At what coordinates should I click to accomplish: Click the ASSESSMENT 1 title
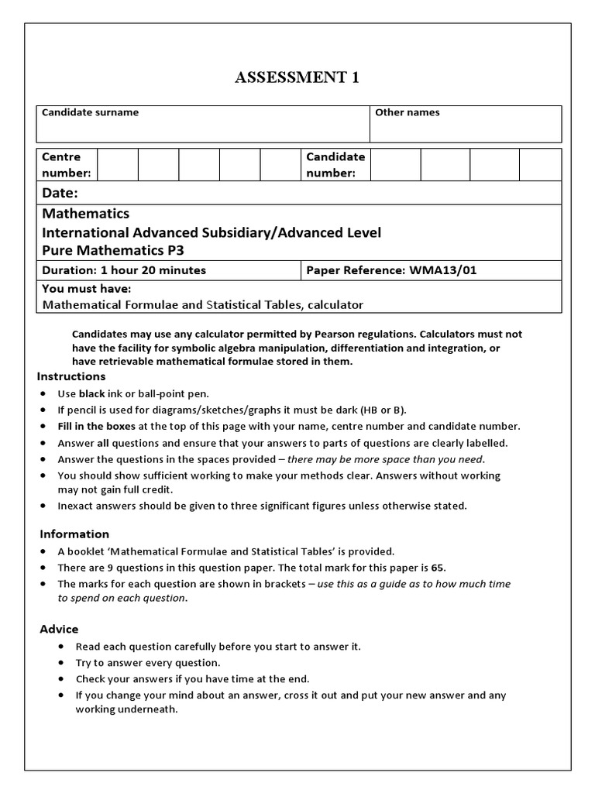[297, 77]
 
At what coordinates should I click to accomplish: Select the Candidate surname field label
[90, 112]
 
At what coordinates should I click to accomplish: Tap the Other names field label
[407, 112]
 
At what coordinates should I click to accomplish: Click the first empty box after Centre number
[118, 165]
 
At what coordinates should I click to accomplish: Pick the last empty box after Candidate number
[540, 165]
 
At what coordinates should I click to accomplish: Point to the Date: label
[60, 193]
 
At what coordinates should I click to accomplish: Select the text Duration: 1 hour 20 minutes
[124, 270]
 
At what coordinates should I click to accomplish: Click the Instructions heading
[71, 376]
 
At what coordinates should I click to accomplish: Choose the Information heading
[74, 534]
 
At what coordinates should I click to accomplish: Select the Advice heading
[59, 629]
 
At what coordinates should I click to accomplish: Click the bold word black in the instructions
[91, 393]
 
